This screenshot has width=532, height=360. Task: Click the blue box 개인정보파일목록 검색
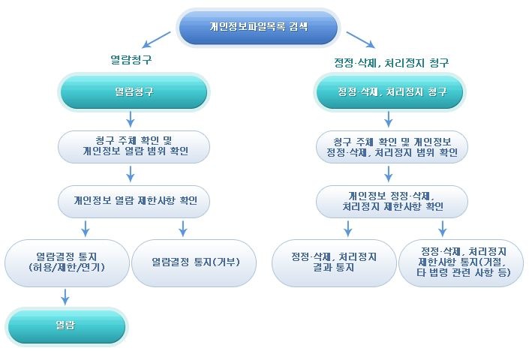point(258,28)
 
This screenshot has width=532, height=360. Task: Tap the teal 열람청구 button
point(134,91)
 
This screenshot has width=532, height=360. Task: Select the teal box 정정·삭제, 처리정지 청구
point(390,91)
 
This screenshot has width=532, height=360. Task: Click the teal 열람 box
point(67,326)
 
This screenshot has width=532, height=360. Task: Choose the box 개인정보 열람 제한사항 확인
point(134,201)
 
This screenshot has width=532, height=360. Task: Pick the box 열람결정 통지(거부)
point(194,262)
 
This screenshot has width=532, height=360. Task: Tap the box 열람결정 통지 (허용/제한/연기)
point(67,262)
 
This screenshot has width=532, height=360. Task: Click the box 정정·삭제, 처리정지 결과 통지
point(334,262)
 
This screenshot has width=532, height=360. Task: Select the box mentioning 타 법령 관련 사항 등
point(461,262)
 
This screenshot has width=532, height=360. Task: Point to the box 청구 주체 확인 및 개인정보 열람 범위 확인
point(134,147)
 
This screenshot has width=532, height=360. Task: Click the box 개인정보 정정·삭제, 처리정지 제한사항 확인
point(392,201)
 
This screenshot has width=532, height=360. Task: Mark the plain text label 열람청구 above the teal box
point(131,60)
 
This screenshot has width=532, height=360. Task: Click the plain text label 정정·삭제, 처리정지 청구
point(391,63)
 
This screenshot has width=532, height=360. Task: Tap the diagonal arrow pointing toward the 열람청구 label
point(156,40)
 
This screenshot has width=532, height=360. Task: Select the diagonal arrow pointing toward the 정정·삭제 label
point(361,40)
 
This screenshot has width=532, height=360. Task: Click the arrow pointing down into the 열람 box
point(65,297)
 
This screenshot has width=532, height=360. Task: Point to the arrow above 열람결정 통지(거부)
point(183,229)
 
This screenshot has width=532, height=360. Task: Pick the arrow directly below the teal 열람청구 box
point(131,119)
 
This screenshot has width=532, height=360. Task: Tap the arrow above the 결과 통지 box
point(347,229)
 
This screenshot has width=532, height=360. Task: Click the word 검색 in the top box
point(299,26)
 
